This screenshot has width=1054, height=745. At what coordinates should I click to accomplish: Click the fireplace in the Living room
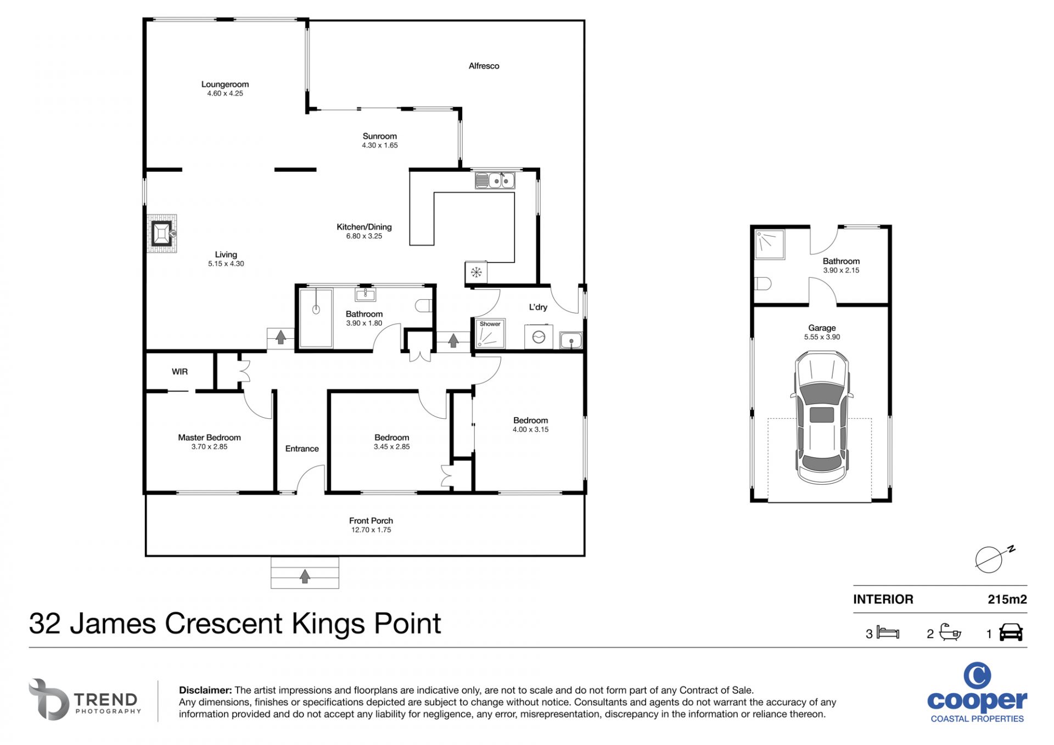(162, 233)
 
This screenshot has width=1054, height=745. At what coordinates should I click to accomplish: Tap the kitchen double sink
(495, 180)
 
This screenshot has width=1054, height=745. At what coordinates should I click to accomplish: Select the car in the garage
(821, 418)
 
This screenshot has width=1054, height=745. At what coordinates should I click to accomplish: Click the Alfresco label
(484, 66)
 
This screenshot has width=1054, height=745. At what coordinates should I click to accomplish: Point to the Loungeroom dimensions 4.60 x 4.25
(225, 93)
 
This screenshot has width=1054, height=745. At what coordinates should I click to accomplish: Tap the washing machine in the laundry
(539, 337)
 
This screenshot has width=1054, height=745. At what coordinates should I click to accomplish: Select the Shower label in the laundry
(490, 324)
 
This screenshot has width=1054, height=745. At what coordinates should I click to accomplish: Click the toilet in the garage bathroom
(763, 284)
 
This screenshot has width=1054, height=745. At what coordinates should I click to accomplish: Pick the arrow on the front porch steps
(305, 576)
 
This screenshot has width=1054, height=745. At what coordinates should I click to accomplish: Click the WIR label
(180, 372)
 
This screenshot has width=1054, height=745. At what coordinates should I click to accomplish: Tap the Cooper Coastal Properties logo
(977, 693)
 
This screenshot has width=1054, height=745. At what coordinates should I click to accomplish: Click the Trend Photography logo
(85, 699)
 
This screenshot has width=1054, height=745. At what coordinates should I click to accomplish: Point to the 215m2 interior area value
(1007, 600)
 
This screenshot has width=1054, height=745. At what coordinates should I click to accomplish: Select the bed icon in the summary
(888, 632)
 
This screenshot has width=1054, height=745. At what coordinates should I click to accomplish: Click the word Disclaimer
(205, 690)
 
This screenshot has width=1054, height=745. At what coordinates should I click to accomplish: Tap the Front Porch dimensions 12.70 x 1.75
(371, 530)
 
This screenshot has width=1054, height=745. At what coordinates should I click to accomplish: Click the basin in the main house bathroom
(365, 295)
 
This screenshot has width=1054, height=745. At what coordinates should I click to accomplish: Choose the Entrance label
(302, 449)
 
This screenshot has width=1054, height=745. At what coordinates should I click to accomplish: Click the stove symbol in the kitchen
(476, 272)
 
